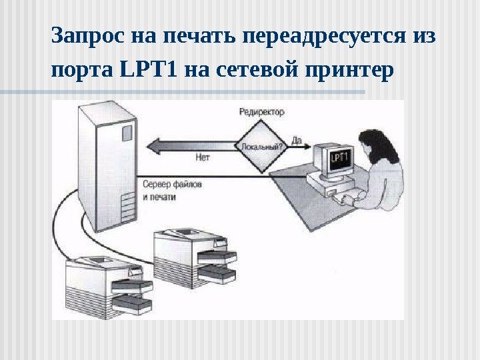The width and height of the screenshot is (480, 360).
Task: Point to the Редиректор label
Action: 261,112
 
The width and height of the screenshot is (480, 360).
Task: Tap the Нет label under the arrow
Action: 203,158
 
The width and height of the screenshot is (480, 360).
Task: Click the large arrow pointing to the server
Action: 193,144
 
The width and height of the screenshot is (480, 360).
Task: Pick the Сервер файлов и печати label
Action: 172,189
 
